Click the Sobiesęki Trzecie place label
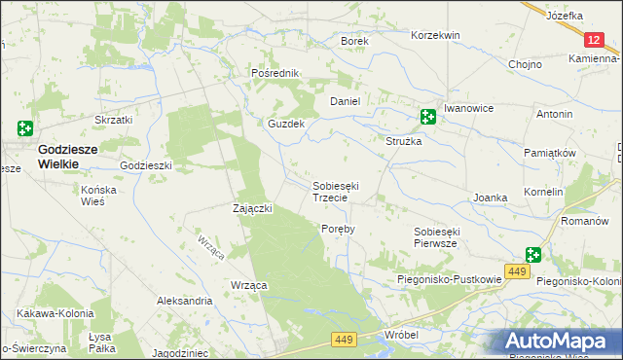click(x=337, y=191)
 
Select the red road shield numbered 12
click(x=596, y=39)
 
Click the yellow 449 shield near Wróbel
click(x=343, y=339)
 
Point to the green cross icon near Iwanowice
click(x=427, y=117)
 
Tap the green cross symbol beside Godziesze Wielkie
click(x=24, y=127)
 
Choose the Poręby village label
click(x=338, y=229)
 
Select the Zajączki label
click(x=252, y=208)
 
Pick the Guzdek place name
click(x=287, y=125)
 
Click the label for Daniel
click(x=346, y=101)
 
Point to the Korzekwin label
click(x=435, y=35)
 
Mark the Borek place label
click(x=352, y=41)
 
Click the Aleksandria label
click(x=184, y=302)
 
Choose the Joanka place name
click(x=491, y=198)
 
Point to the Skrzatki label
click(x=113, y=120)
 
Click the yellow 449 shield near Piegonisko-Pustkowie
click(x=518, y=270)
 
